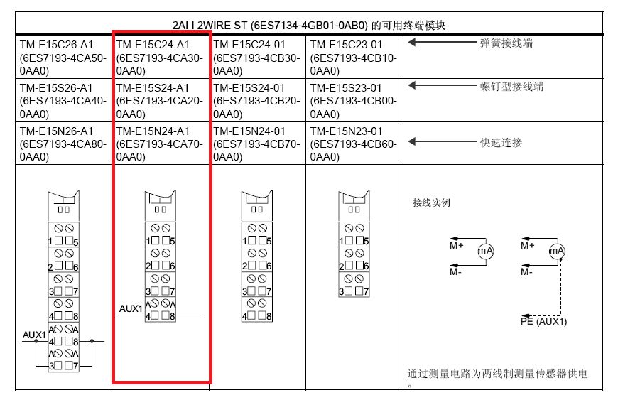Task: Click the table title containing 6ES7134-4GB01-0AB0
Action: tap(308, 26)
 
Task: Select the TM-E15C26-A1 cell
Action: tap(63, 58)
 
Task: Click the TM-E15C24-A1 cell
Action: tap(160, 58)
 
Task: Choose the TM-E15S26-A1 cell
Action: tap(63, 101)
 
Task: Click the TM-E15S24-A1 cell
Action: tap(160, 101)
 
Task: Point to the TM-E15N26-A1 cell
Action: tap(63, 144)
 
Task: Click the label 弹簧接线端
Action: tap(506, 43)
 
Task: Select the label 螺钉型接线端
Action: tap(511, 86)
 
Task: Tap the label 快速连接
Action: tap(501, 142)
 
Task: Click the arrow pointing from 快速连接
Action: tap(443, 141)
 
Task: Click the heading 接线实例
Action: tap(431, 202)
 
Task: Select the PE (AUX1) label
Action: tap(543, 322)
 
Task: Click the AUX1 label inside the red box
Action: tap(131, 309)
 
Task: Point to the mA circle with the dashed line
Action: tap(557, 251)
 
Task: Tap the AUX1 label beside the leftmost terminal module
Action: tap(34, 335)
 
